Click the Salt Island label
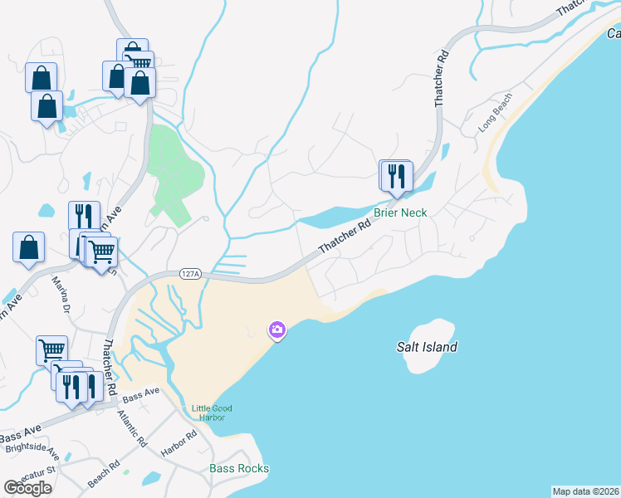point(427,347)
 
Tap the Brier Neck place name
point(400,212)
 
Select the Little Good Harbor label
point(212,413)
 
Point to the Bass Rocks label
point(239,468)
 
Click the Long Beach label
point(496,119)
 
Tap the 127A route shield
point(190,273)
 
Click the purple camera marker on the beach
point(276,331)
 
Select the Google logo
point(27,488)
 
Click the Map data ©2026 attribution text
point(585,491)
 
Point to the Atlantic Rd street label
point(132,428)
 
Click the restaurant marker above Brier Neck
point(396,176)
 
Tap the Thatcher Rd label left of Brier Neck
point(344,237)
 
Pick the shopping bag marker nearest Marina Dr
point(28,247)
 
